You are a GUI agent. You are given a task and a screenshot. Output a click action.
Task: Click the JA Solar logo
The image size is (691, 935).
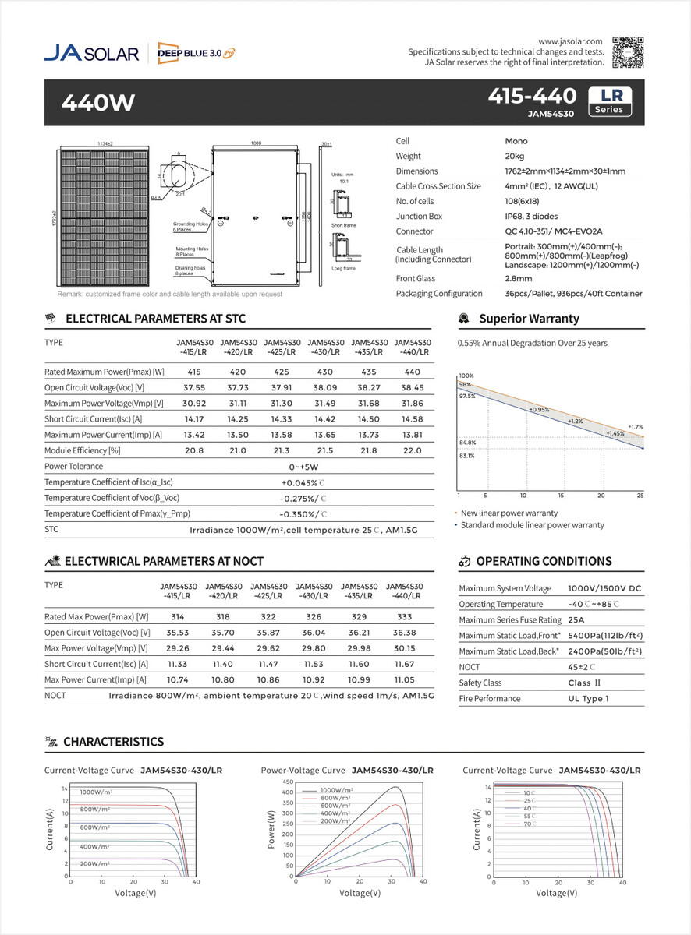point(91,53)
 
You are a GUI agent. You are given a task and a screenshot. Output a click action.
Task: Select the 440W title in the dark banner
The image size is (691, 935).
point(98,102)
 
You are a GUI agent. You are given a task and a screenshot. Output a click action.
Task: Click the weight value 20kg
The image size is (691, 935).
point(515,156)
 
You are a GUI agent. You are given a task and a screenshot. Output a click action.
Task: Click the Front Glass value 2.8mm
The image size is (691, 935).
point(519,278)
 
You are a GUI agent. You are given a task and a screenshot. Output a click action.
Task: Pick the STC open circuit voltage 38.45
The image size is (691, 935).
point(412,388)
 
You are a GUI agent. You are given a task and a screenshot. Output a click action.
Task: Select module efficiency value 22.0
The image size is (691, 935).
point(412,450)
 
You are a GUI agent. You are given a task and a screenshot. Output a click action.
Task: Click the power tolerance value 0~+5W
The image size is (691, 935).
point(303,467)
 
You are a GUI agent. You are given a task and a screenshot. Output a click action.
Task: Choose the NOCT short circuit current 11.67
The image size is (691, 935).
point(404,664)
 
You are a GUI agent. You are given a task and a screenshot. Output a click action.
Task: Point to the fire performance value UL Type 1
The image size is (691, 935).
point(588,699)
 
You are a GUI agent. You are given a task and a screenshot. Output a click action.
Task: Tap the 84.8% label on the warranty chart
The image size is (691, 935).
point(467,443)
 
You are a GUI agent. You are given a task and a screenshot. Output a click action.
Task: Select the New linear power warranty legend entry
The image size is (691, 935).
point(509,513)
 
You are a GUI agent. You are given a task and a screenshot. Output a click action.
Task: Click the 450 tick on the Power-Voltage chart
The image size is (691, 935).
point(286,782)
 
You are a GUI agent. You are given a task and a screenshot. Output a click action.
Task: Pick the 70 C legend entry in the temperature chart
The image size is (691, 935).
point(529,824)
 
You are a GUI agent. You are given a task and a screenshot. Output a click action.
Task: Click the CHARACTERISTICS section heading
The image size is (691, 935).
point(113,742)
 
